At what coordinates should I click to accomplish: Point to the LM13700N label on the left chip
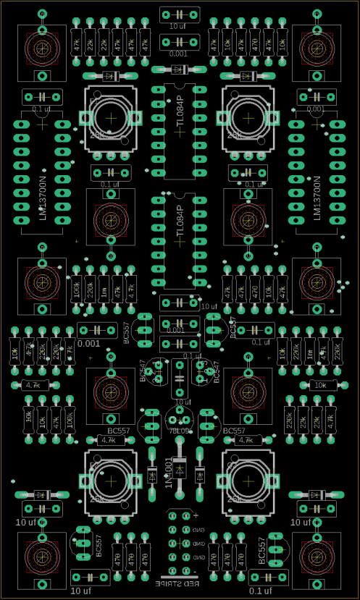pyautogui.click(x=42, y=198)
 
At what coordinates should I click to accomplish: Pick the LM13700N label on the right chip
pyautogui.click(x=316, y=198)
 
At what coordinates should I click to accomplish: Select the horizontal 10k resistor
pyautogui.click(x=321, y=385)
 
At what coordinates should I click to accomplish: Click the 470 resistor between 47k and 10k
pyautogui.click(x=255, y=290)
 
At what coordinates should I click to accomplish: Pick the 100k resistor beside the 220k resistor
pyautogui.click(x=77, y=290)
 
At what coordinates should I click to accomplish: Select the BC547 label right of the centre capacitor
pyautogui.click(x=215, y=371)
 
